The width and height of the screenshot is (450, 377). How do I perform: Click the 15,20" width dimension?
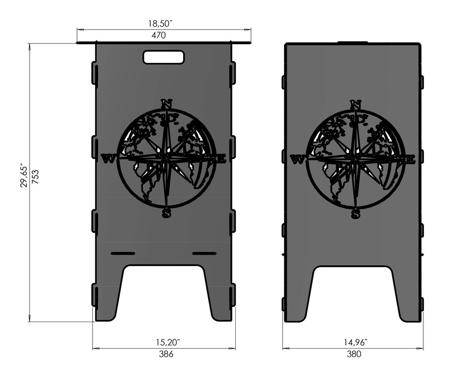coord(164,342)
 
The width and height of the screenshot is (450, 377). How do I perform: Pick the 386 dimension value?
coord(164,354)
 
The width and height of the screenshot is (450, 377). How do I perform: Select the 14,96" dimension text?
coord(354,342)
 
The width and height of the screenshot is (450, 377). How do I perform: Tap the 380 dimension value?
coord(354,354)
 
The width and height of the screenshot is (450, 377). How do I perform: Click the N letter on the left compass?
coord(166,104)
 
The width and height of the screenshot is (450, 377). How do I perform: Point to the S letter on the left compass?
coord(166,213)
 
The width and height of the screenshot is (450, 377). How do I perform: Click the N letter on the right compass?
coord(355,104)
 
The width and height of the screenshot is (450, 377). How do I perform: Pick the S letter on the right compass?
coord(355,213)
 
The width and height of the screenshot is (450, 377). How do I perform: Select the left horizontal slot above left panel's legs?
coord(122,252)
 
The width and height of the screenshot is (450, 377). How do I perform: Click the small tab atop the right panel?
coord(353,42)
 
